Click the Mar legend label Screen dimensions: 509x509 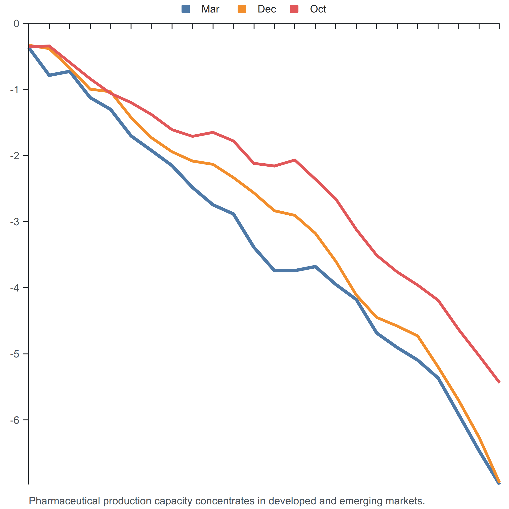click(210, 9)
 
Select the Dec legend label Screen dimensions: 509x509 click(267, 9)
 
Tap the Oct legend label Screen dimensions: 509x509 click(318, 9)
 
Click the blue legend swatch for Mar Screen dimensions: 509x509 click(186, 9)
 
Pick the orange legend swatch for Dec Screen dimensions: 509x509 click(242, 9)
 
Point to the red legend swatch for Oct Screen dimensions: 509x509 click(294, 9)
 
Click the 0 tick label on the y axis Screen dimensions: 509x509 click(16, 24)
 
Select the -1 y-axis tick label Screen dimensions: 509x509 click(14, 90)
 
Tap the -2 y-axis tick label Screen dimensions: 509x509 click(14, 156)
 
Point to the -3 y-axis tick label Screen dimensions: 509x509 click(14, 222)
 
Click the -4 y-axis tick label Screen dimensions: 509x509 click(14, 288)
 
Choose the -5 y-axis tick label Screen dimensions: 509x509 click(14, 354)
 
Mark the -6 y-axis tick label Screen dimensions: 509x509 click(14, 420)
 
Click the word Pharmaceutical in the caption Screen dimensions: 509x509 click(65, 501)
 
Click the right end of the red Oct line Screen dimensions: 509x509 click(499, 382)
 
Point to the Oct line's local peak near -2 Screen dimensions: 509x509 click(295, 160)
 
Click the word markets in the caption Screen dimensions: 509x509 click(404, 501)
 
